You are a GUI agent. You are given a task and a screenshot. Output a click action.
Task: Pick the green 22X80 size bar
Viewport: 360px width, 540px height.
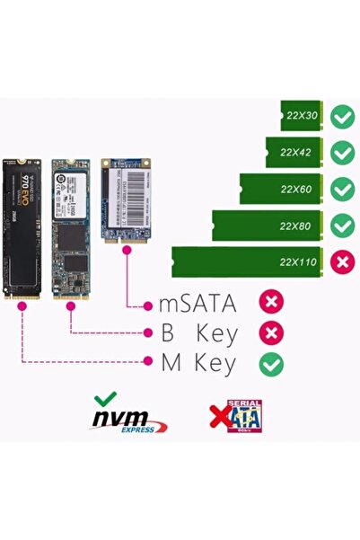point(267,226)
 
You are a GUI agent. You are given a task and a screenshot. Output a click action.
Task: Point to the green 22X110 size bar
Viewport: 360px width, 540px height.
point(247,262)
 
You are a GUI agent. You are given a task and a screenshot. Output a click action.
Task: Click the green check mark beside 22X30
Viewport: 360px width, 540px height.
point(342,116)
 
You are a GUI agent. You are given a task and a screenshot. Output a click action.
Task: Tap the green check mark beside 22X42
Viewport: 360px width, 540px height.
point(342,153)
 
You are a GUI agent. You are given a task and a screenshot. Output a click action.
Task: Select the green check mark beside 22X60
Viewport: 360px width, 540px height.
point(342,189)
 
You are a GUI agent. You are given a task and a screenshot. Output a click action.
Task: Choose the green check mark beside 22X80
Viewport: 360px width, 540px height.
point(342,225)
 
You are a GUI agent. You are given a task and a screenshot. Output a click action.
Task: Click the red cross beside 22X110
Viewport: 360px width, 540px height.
point(342,262)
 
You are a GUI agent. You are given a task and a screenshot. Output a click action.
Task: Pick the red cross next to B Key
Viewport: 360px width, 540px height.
point(271,333)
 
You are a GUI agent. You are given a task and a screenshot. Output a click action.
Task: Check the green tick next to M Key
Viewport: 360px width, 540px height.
point(271,364)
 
